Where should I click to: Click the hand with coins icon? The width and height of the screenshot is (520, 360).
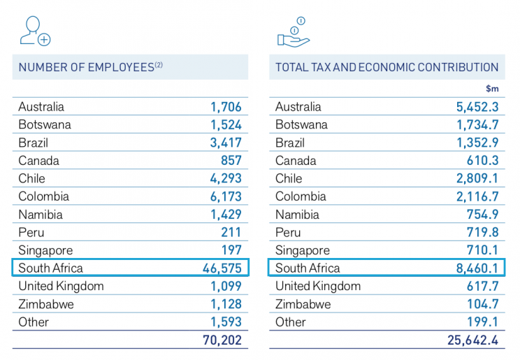(293, 31)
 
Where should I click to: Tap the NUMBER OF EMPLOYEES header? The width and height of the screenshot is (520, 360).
(90, 68)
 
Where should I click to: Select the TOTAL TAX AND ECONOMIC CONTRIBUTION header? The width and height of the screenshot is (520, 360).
(387, 68)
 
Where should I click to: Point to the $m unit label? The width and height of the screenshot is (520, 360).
(491, 89)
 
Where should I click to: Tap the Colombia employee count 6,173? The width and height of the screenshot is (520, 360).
(226, 196)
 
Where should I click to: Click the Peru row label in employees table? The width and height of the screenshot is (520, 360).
(31, 232)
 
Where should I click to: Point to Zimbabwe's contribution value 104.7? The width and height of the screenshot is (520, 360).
(479, 305)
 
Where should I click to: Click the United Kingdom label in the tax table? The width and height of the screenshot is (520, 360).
(317, 287)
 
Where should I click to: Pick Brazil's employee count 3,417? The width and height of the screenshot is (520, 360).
(226, 143)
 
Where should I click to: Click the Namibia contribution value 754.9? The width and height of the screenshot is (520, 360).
(479, 215)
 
